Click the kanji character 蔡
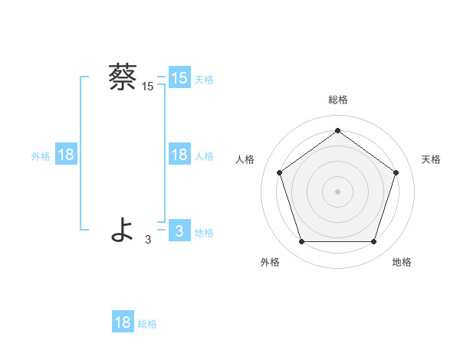pyautogui.click(x=123, y=77)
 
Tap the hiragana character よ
pyautogui.click(x=123, y=230)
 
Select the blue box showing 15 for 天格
pyautogui.click(x=179, y=77)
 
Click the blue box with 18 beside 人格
pyautogui.click(x=179, y=155)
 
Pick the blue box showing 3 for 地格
pyautogui.click(x=179, y=231)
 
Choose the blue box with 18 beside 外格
pyautogui.click(x=66, y=155)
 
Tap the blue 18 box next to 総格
pyautogui.click(x=123, y=322)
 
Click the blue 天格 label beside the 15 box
pyautogui.click(x=204, y=79)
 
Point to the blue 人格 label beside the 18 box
pyautogui.click(x=204, y=156)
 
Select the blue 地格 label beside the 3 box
pyautogui.click(x=204, y=233)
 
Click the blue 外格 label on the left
pyautogui.click(x=41, y=156)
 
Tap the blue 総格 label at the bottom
pyautogui.click(x=147, y=324)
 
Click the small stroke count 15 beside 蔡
pyautogui.click(x=148, y=87)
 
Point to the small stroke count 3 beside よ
pyautogui.click(x=148, y=240)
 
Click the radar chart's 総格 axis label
pyautogui.click(x=337, y=100)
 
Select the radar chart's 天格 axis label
pyautogui.click(x=432, y=159)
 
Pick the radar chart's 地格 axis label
pyautogui.click(x=402, y=262)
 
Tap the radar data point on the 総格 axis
pyautogui.click(x=337, y=130)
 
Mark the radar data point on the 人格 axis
pyautogui.click(x=279, y=172)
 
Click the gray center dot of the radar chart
pyautogui.click(x=337, y=191)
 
